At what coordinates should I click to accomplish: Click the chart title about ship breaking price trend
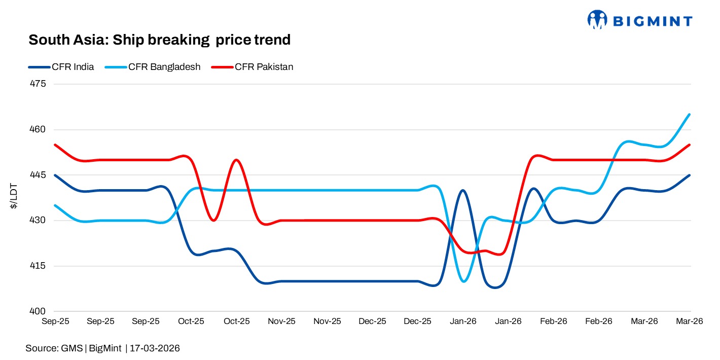[x=159, y=40]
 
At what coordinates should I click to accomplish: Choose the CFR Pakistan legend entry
[x=264, y=67]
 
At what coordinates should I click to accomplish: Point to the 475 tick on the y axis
[x=39, y=84]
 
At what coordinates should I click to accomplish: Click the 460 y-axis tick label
[x=39, y=130]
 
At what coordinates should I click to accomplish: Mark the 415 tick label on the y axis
[x=39, y=266]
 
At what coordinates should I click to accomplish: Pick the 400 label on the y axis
[x=39, y=311]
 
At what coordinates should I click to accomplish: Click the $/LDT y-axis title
[x=15, y=198]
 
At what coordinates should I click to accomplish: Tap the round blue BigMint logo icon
[x=597, y=20]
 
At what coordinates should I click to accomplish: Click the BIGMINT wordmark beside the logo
[x=653, y=21]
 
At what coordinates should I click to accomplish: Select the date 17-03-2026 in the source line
[x=155, y=348]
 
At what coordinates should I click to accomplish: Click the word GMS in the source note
[x=73, y=348]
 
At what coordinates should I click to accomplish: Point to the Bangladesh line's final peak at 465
[x=690, y=115]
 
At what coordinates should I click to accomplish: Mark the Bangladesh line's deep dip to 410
[x=464, y=281]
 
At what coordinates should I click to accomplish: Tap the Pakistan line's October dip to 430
[x=214, y=221]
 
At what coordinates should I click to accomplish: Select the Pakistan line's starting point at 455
[x=55, y=145]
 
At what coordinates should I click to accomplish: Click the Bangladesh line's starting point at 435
[x=55, y=205]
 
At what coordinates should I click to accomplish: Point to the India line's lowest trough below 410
[x=496, y=287]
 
